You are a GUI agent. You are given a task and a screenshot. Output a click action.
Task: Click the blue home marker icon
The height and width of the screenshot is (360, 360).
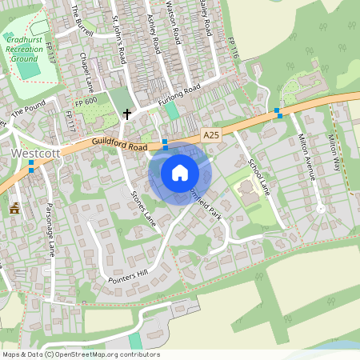tap(180, 173)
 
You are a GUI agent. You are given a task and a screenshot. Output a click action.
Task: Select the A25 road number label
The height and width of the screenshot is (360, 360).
tap(211, 136)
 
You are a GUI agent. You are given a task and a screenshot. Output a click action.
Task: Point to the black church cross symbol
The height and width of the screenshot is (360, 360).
tap(126, 114)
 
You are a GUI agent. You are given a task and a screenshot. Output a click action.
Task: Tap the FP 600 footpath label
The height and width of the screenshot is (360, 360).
tap(86, 102)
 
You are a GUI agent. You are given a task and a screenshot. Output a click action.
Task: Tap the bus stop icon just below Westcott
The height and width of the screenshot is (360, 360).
tap(31, 166)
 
